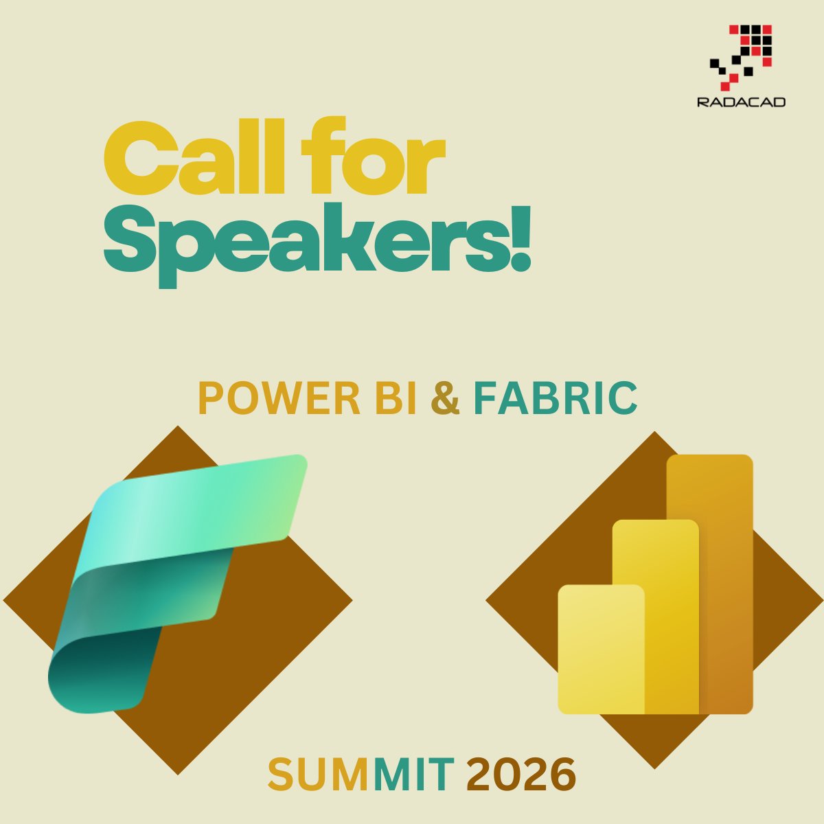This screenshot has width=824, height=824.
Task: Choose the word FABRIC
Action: point(555,399)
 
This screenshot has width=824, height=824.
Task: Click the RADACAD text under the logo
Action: point(741,102)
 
